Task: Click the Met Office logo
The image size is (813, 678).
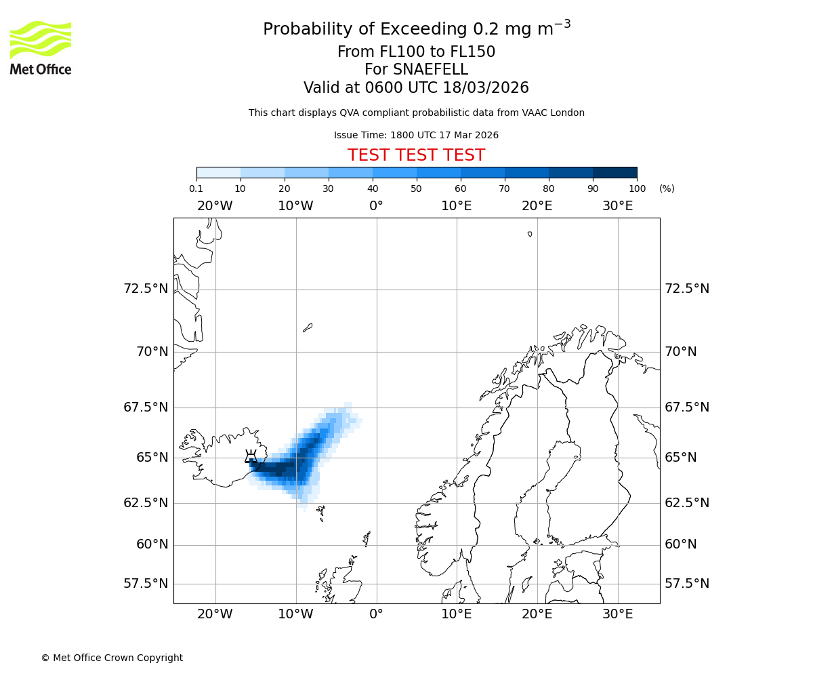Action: [x=41, y=47]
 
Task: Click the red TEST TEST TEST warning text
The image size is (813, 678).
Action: [x=416, y=155]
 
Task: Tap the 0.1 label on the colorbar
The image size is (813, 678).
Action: [x=196, y=188]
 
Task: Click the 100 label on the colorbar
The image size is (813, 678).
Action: [x=637, y=188]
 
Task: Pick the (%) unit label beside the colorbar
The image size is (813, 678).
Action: [x=667, y=188]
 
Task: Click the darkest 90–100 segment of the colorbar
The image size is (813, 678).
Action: [x=614, y=172]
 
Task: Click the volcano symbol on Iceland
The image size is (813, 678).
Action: [x=251, y=456]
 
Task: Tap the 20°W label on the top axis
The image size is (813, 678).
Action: [x=215, y=206]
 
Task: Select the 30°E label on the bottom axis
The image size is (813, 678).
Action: [x=618, y=614]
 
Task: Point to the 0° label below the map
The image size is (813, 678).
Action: [x=376, y=614]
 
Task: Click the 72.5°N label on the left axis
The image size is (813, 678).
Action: [x=145, y=289]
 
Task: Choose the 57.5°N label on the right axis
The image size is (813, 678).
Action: [x=687, y=584]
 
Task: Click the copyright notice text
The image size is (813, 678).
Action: [x=112, y=658]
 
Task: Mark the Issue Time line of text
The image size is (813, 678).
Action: [x=416, y=135]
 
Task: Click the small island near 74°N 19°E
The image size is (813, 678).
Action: [x=530, y=234]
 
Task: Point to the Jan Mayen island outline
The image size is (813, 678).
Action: [x=308, y=327]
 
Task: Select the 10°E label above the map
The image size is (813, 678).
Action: [x=457, y=206]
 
